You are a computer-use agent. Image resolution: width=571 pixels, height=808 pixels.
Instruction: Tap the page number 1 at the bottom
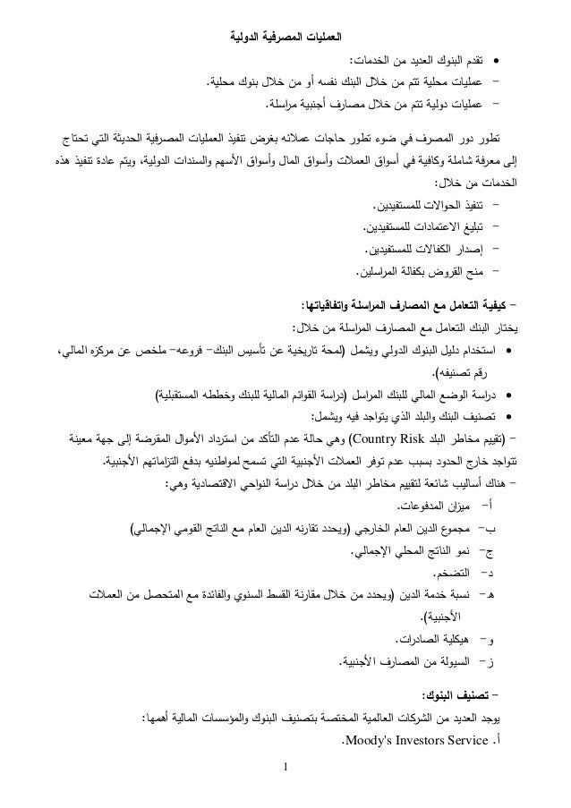click(285, 791)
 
